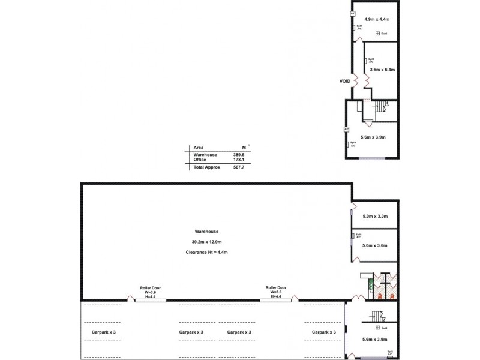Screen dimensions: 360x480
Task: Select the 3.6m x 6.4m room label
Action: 383,70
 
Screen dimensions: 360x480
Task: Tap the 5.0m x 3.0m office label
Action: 376,216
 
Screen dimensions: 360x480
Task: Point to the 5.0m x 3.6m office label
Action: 376,245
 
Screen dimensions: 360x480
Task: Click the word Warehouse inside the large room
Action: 206,231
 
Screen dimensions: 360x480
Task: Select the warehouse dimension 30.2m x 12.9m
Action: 206,242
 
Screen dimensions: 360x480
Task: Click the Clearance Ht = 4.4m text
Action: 206,253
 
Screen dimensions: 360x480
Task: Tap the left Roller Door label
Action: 150,287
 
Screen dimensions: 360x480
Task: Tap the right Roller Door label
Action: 276,287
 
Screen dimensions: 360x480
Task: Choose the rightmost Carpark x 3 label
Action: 323,332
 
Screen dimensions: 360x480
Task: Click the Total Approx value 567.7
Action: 240,167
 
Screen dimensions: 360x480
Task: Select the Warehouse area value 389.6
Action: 240,154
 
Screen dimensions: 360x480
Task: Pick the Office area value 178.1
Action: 240,160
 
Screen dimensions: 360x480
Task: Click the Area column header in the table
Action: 199,146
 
